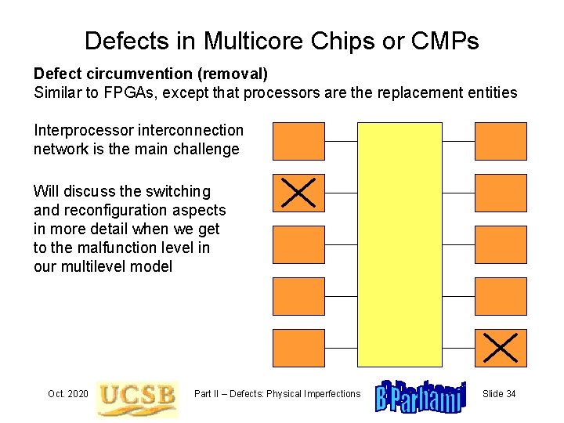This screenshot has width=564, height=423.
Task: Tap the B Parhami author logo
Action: tap(421, 396)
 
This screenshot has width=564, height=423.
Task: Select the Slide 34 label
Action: tap(499, 393)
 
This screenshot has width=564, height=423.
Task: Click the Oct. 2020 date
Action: tap(67, 393)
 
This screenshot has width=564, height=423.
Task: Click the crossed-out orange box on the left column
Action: tap(298, 193)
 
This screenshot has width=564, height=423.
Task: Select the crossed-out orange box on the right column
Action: tap(501, 348)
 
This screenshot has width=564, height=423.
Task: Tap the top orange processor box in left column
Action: tap(298, 141)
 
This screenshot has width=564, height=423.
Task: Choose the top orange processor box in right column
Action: tap(501, 141)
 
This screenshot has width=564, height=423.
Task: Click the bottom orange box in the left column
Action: tap(298, 348)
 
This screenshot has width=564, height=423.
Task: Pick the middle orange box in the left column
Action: tap(298, 244)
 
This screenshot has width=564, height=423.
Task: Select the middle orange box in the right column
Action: tap(501, 244)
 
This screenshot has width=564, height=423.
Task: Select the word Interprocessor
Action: tap(82, 130)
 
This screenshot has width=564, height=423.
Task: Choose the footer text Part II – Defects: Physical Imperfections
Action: tap(277, 393)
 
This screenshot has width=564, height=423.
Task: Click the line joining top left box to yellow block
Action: tap(341, 141)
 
